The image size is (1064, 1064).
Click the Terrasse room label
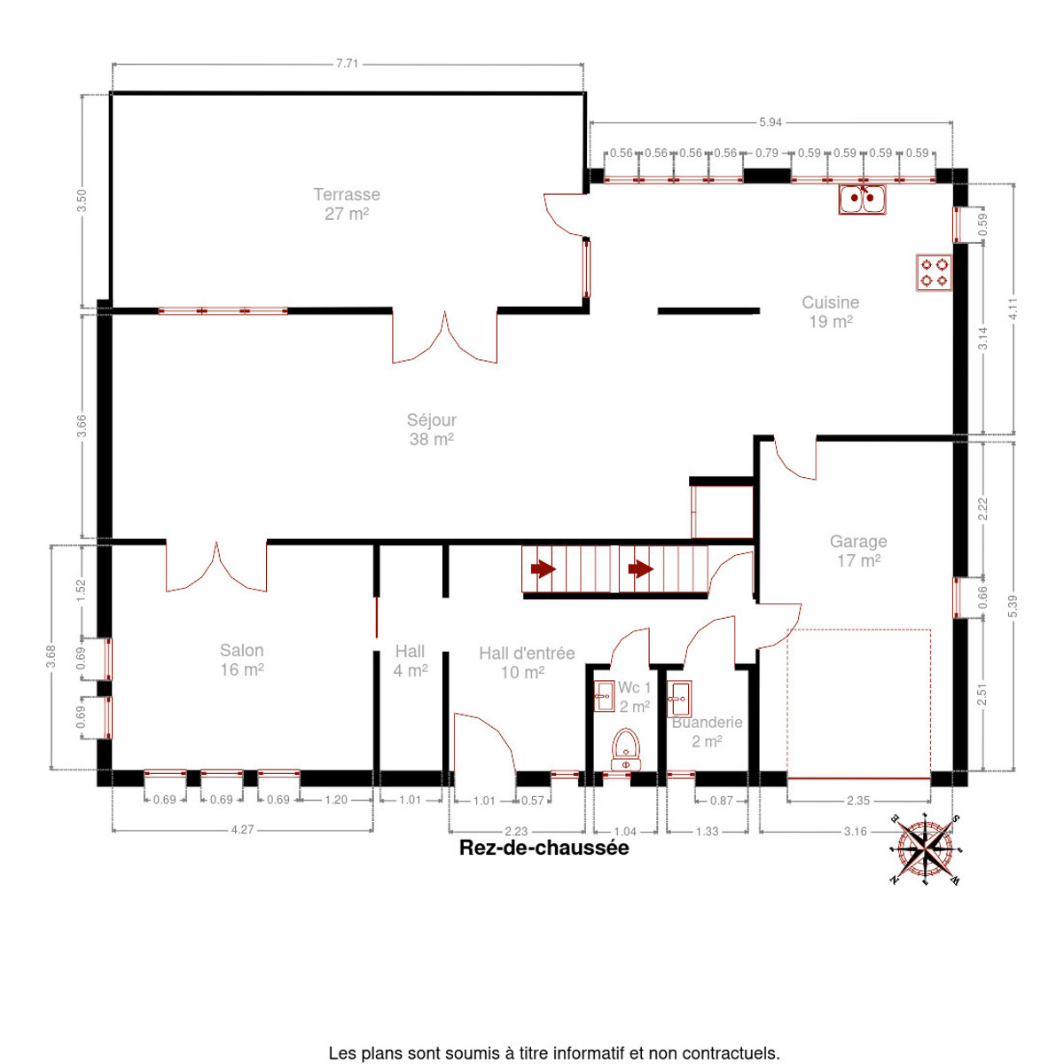(x=347, y=204)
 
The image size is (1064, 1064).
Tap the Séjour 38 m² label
(x=431, y=429)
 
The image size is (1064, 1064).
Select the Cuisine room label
(x=831, y=311)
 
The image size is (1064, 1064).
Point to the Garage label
(x=858, y=551)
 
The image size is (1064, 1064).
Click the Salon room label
(x=242, y=660)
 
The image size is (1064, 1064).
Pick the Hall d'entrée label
(x=526, y=662)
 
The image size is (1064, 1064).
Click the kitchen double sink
(x=862, y=199)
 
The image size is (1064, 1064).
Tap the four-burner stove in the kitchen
(x=934, y=272)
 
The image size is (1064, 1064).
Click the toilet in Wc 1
(x=626, y=749)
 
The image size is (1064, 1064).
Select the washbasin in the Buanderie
(x=678, y=699)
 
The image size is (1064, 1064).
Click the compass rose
(x=925, y=849)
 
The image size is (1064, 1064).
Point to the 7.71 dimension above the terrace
(x=348, y=64)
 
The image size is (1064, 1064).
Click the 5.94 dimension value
(x=771, y=122)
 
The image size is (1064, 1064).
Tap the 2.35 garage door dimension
(x=858, y=801)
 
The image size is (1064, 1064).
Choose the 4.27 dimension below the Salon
(x=242, y=829)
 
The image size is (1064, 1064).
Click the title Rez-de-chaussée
(x=544, y=848)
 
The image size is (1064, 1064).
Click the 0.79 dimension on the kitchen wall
(x=766, y=153)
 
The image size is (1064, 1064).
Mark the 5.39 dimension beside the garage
(x=1013, y=606)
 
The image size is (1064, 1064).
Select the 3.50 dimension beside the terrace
(x=82, y=200)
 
